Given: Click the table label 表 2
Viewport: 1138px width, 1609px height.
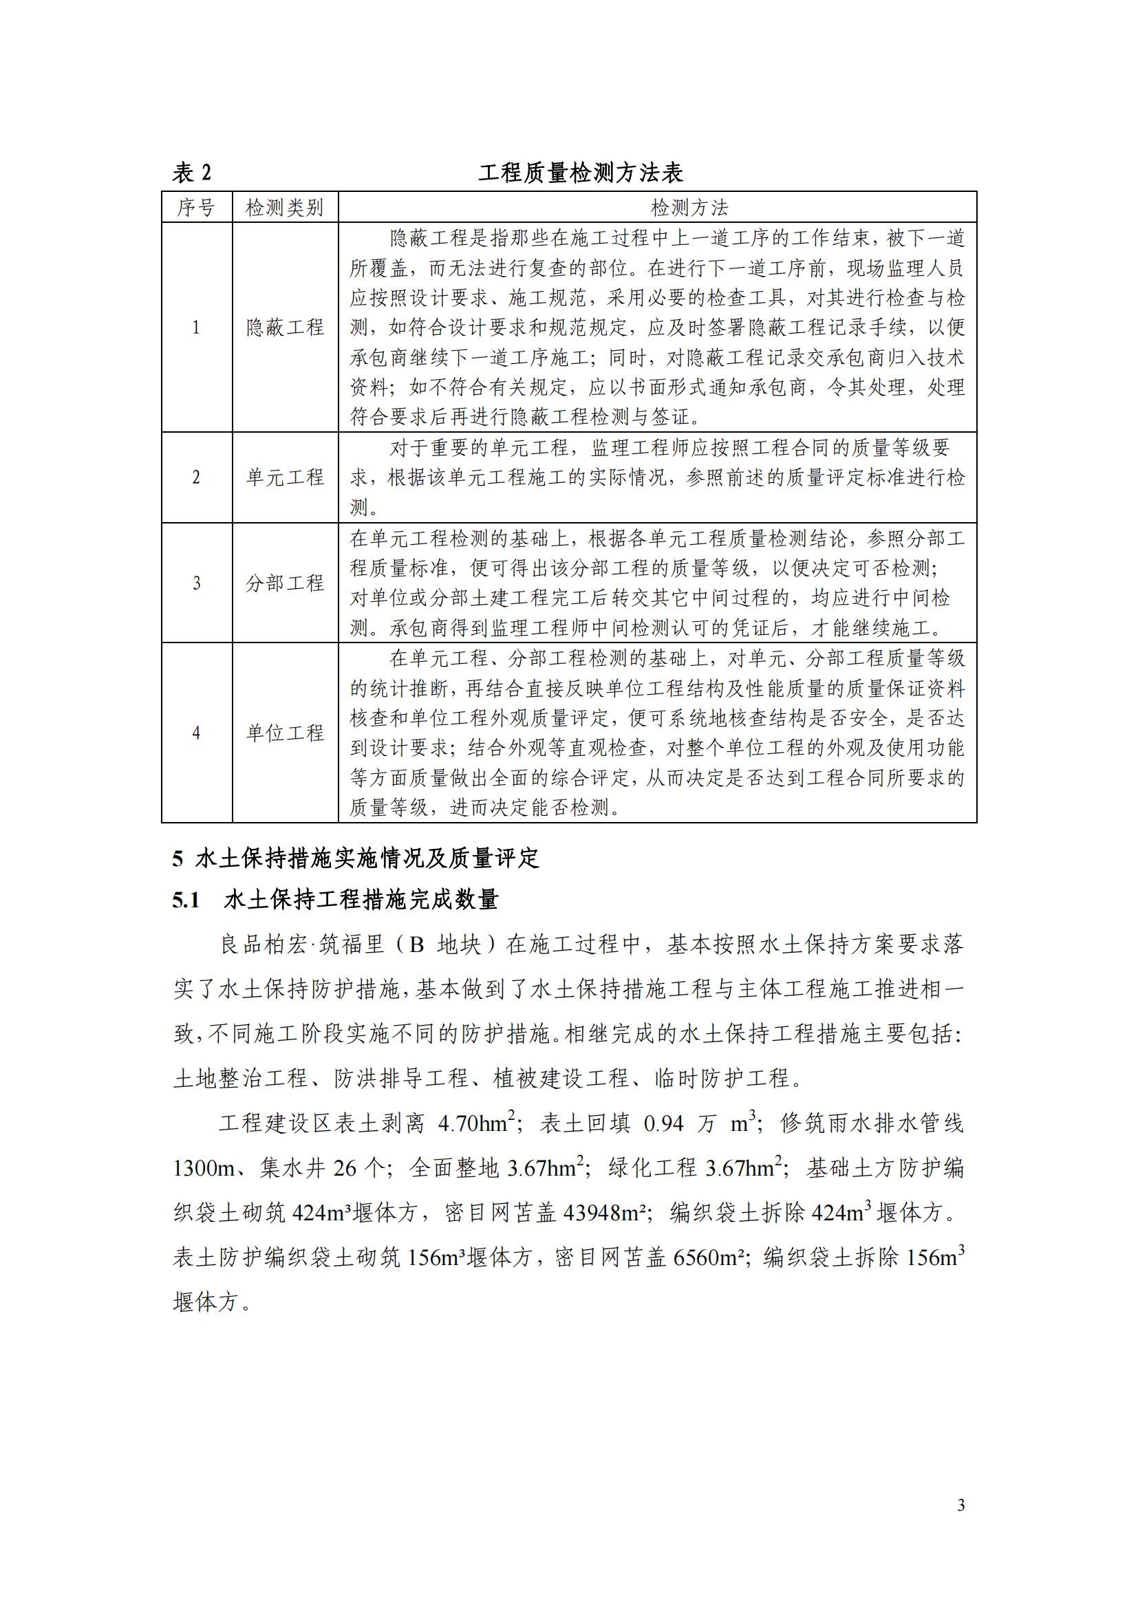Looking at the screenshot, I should pos(191,173).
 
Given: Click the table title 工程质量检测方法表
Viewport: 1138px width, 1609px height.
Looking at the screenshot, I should pos(580,173).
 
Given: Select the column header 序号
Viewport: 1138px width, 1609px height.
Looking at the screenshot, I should pos(196,208).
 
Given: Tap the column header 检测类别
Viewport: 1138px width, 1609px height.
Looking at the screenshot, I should pos(285,208).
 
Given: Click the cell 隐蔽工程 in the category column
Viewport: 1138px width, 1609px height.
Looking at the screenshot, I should pos(285,327).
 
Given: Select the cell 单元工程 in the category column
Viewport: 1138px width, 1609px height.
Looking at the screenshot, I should pos(285,477).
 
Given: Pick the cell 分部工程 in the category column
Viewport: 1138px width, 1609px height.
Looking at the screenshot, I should pos(285,583).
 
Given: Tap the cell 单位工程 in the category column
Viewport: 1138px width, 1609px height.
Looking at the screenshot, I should pos(285,733).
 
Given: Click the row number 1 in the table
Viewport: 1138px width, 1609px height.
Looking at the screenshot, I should pos(196,327).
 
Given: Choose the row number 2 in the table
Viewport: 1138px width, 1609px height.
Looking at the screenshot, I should pos(196,477).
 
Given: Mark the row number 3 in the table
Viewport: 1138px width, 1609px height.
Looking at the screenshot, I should pos(196,583).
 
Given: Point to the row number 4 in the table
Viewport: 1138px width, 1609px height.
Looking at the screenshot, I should pos(196,733).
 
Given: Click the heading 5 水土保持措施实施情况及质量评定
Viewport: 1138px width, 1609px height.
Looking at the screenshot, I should pos(356,858).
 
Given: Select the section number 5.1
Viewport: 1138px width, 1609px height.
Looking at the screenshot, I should pos(186,900).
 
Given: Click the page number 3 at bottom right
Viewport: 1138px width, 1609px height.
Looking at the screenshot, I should pos(960,1504).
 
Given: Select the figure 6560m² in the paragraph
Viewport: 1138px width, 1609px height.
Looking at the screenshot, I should pos(708,1258).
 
